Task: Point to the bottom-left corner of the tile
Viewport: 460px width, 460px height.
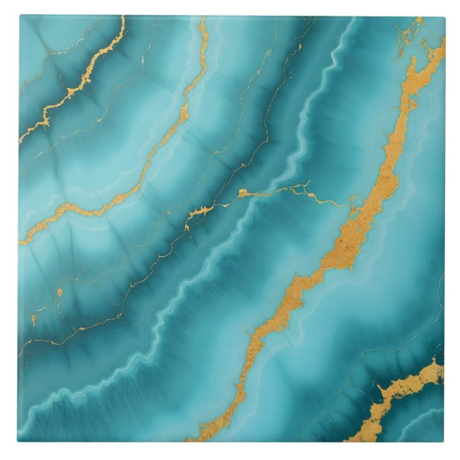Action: pyautogui.click(x=19, y=441)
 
